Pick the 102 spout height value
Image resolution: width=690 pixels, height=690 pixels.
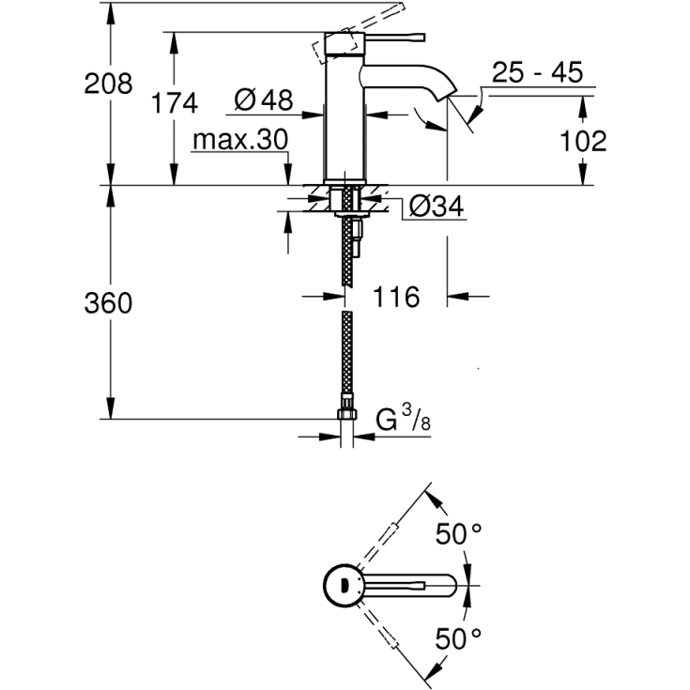tap(582, 141)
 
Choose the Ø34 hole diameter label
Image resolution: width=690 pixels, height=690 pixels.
tap(437, 207)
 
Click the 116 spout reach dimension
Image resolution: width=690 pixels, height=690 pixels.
tap(394, 298)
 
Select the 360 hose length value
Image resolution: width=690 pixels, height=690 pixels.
tap(108, 303)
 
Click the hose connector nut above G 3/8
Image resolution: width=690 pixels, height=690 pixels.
tap(346, 417)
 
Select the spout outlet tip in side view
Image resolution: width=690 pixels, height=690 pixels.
tap(447, 94)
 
